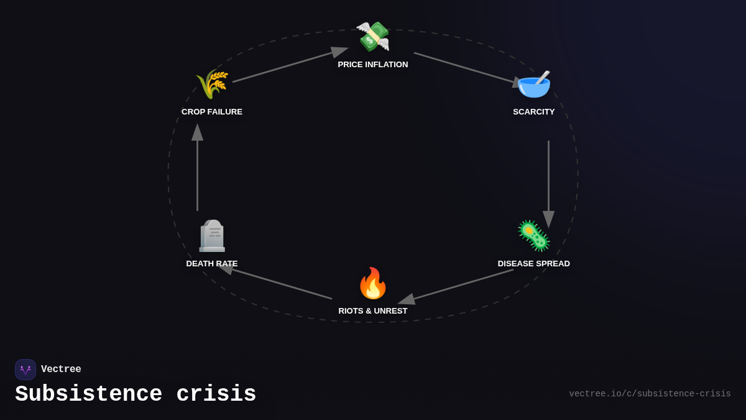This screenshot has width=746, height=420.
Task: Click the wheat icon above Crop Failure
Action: [212, 84]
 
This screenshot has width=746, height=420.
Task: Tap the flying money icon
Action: [373, 36]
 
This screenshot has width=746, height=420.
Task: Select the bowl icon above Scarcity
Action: [534, 84]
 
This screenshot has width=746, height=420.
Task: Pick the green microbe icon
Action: [534, 236]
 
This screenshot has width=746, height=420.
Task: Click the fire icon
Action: [373, 283]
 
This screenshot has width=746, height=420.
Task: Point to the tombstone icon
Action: [212, 236]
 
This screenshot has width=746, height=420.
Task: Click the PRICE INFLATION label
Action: [373, 65]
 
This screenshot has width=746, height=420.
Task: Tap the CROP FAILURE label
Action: [212, 112]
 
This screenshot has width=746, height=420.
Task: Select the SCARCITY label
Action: [534, 112]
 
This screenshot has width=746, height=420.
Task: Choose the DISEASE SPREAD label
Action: [534, 264]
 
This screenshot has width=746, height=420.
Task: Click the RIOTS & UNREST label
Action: [373, 311]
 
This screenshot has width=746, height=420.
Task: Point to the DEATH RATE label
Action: [212, 264]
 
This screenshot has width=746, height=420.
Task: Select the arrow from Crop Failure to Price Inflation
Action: [289, 65]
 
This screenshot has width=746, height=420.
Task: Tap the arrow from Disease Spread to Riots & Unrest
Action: [457, 286]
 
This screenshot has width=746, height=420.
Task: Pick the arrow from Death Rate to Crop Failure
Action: [198, 168]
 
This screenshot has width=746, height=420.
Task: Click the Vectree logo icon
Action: [25, 370]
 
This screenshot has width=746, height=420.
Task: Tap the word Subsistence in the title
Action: [89, 394]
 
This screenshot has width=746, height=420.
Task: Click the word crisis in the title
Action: [216, 394]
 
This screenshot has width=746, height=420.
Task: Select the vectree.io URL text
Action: [650, 394]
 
